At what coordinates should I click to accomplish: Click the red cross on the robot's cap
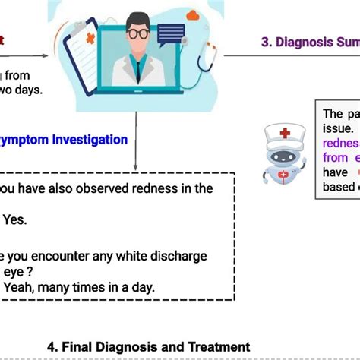coord(285,133)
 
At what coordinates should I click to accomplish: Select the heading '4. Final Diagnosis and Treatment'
coord(148,346)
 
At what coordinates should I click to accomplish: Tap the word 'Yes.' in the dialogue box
coord(14,219)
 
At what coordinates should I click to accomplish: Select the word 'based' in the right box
coord(339,187)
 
